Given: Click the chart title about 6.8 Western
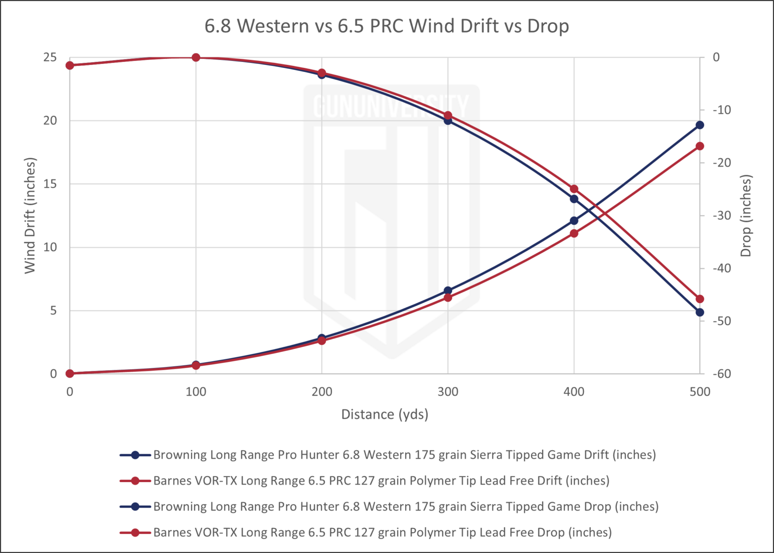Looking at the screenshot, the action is tap(386, 26).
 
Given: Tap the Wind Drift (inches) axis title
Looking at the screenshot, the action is tap(30, 216).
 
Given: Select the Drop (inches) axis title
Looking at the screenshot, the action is tap(746, 216).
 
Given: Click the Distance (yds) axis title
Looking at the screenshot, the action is tap(384, 414).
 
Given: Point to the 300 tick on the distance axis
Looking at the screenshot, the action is tap(448, 392).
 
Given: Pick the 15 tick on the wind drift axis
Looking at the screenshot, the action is tap(50, 184).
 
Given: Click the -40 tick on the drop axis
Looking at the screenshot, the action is tap(722, 268).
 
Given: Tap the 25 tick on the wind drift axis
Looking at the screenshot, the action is tap(50, 57).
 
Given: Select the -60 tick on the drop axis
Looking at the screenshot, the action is tap(722, 374).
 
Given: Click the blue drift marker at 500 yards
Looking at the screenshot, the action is tap(700, 125).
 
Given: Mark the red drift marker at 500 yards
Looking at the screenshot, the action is tap(700, 146).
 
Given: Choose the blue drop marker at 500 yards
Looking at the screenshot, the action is tap(700, 312).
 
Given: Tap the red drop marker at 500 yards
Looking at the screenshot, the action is tap(700, 299).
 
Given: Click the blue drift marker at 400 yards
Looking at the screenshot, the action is tap(574, 221).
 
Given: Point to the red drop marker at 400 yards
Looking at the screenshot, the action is tap(574, 189).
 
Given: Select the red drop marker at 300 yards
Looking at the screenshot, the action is tap(448, 115).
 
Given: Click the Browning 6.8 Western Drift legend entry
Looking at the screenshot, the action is tap(388, 455).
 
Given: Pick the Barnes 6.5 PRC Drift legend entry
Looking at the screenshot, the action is tap(364, 481).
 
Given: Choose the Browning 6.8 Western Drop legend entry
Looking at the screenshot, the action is tap(389, 507).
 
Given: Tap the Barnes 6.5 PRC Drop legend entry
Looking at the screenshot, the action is tap(365, 533).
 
